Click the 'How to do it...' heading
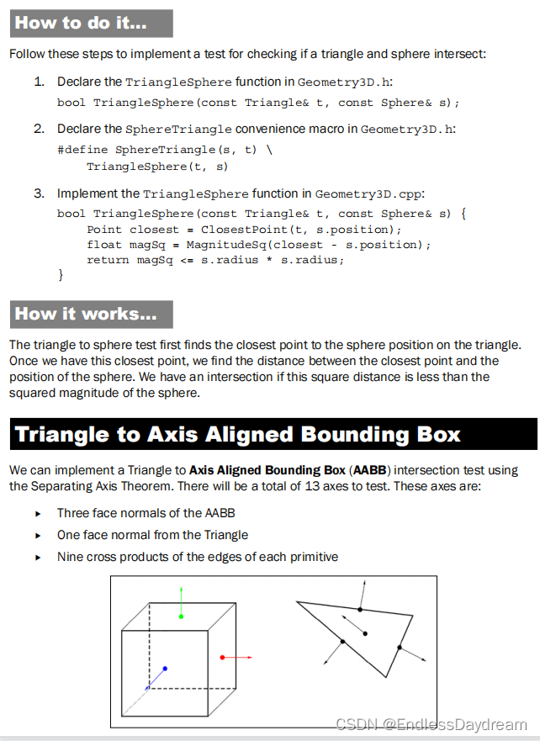(x=81, y=23)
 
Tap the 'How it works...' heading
(x=85, y=314)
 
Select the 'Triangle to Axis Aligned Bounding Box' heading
(x=237, y=434)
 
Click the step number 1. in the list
(x=39, y=82)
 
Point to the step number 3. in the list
(x=39, y=193)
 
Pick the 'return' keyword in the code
(x=109, y=260)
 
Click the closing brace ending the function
(x=61, y=275)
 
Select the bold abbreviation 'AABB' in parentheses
(x=372, y=469)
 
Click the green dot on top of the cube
(x=181, y=616)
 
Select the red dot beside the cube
(x=221, y=657)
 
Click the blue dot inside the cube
(x=165, y=669)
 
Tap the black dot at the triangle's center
(x=364, y=632)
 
